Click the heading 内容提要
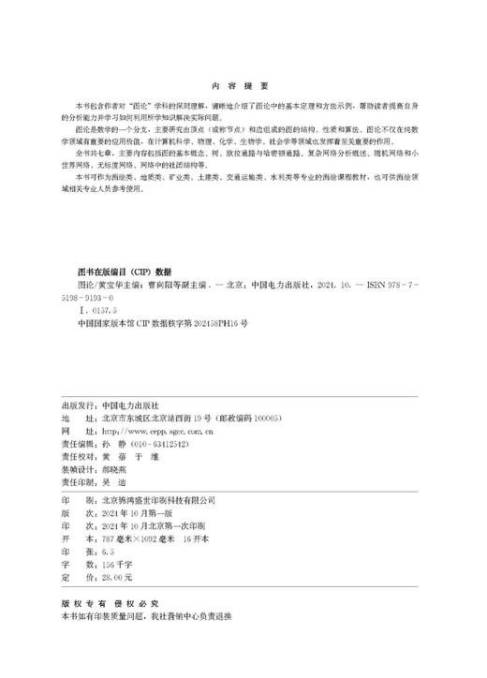tap(243, 82)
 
